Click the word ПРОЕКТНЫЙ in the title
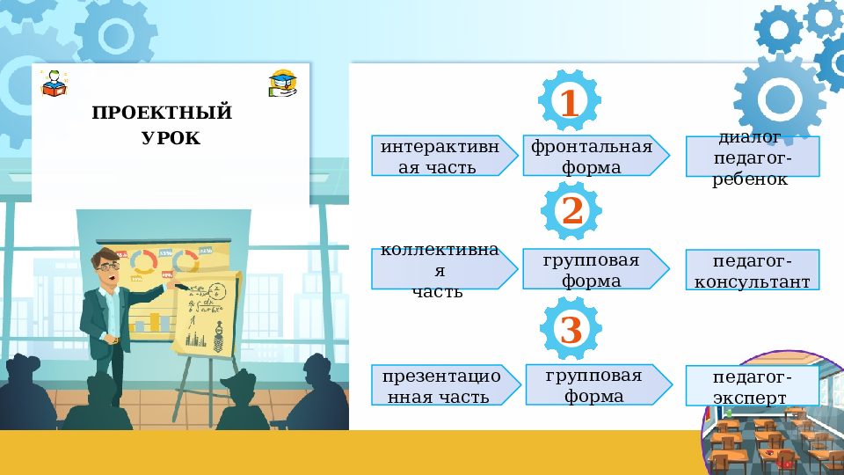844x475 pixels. tap(162, 113)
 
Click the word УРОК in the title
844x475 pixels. tap(171, 138)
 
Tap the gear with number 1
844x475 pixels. tap(570, 103)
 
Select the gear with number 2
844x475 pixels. tap(571, 211)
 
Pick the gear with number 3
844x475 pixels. tap(571, 330)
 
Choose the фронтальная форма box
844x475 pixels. tap(591, 156)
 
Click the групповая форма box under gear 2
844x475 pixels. tap(591, 269)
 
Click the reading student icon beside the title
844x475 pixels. tap(54, 83)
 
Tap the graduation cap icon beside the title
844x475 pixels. tap(283, 83)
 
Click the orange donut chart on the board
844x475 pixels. tap(144, 260)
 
